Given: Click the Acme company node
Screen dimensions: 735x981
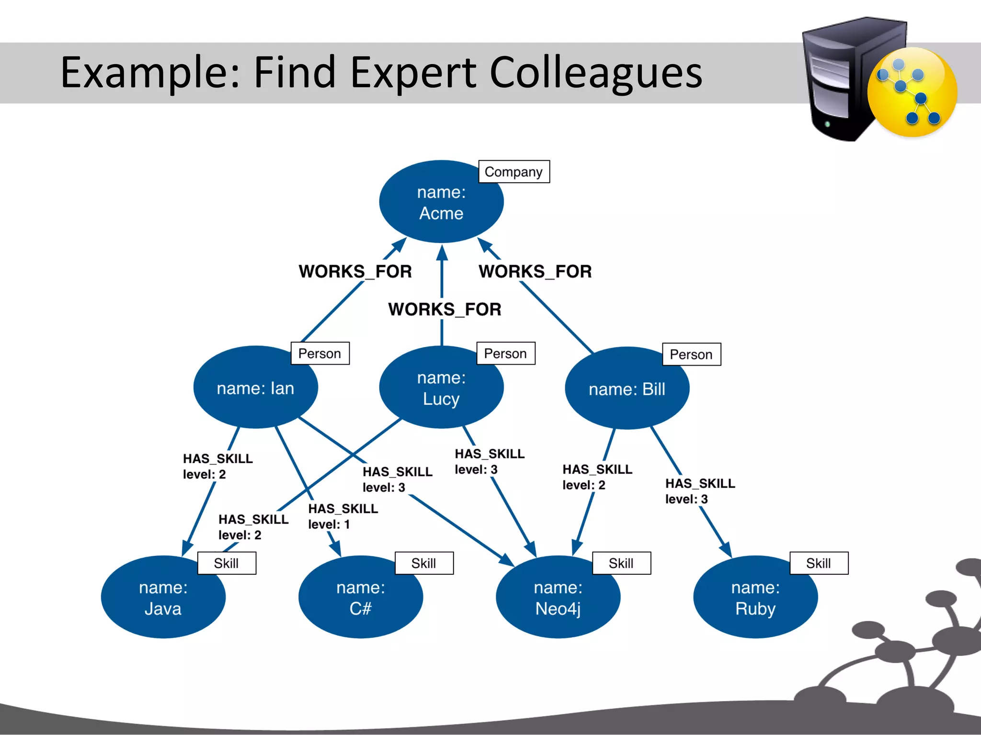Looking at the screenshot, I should click(x=441, y=202).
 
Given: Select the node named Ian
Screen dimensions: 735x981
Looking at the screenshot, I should click(x=255, y=388).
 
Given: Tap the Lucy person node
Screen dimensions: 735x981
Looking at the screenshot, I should click(x=441, y=388).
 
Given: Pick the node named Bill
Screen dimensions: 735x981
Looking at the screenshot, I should click(x=627, y=389).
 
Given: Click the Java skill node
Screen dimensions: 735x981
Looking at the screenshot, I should click(x=163, y=598).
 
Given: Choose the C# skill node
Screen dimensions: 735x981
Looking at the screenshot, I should click(x=360, y=598).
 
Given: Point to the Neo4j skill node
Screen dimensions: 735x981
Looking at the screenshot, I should click(x=558, y=598).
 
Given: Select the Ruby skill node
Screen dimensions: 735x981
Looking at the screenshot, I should click(x=755, y=598).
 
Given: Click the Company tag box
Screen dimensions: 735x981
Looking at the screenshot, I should click(x=513, y=172).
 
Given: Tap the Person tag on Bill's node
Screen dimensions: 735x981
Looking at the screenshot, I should click(x=691, y=355).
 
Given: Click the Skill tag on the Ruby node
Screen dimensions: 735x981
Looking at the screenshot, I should click(x=818, y=563).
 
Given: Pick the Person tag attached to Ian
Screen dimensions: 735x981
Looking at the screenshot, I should click(x=319, y=354).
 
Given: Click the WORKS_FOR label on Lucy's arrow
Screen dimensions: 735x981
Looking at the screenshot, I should click(x=445, y=310).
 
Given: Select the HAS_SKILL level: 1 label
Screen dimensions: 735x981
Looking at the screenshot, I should click(x=342, y=516).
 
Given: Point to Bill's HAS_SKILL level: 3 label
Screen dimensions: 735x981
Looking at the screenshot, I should click(x=699, y=491).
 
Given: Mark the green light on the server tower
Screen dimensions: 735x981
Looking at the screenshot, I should click(x=827, y=124).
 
